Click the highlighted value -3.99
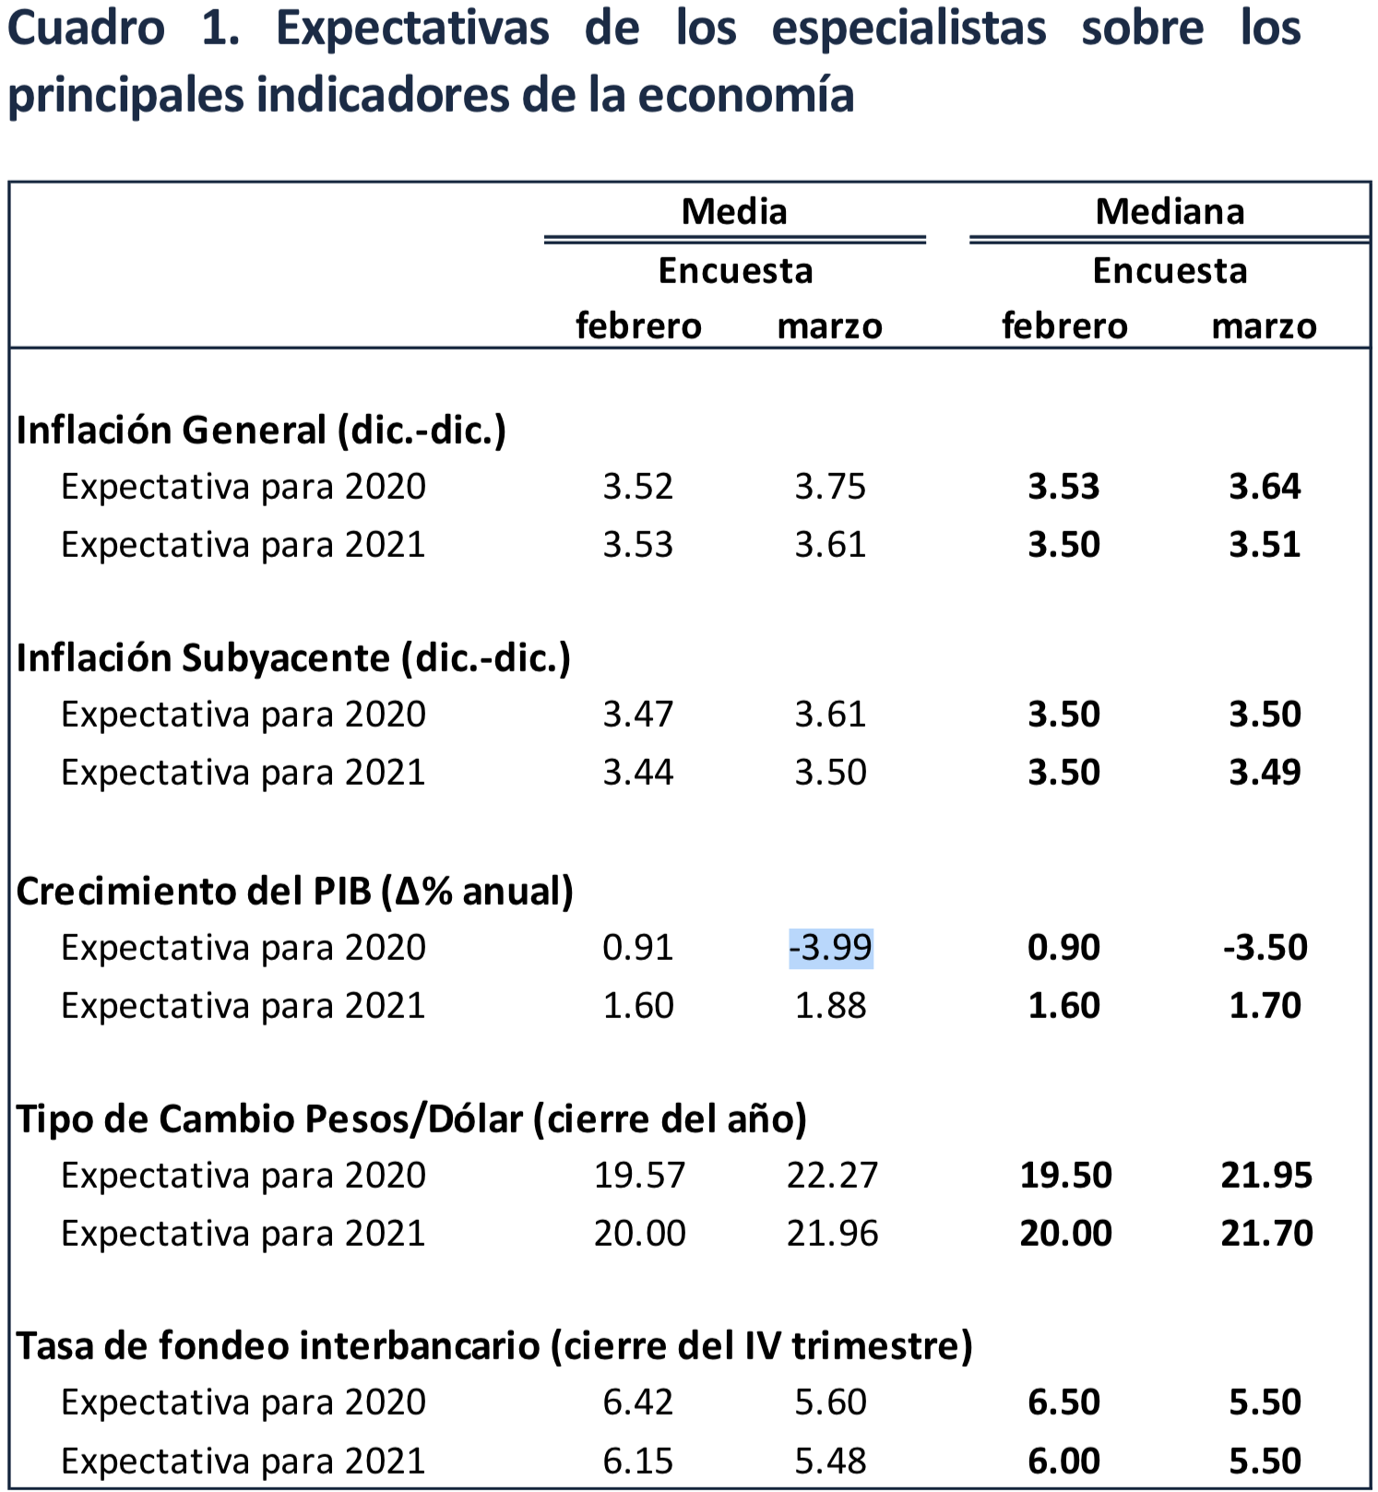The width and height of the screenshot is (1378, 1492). (831, 948)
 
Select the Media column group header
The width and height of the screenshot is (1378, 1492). (734, 212)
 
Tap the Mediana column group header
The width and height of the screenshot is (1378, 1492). (1170, 212)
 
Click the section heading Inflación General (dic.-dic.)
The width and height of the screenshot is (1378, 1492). (261, 431)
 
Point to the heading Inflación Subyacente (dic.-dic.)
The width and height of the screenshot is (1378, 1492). (293, 658)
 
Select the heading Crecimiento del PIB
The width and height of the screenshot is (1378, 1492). (294, 892)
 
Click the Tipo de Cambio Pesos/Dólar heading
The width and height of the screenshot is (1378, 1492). (411, 1119)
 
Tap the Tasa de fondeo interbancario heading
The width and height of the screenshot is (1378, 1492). (494, 1346)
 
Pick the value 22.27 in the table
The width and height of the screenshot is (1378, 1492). (832, 1176)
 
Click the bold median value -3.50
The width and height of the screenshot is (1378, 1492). (1265, 948)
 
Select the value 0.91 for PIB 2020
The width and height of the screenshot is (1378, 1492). (638, 948)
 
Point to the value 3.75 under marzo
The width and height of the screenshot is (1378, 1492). (830, 487)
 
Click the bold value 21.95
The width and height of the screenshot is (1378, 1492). (1266, 1176)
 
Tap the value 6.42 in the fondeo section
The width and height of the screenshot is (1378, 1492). (638, 1403)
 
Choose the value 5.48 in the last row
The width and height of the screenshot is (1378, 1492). (830, 1461)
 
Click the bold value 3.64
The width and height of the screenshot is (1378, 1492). (1265, 487)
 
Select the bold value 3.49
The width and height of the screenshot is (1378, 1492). (1265, 773)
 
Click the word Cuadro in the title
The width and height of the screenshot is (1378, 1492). (86, 28)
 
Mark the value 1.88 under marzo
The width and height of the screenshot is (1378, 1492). (830, 1006)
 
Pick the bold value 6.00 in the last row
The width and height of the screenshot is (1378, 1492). (1064, 1461)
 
